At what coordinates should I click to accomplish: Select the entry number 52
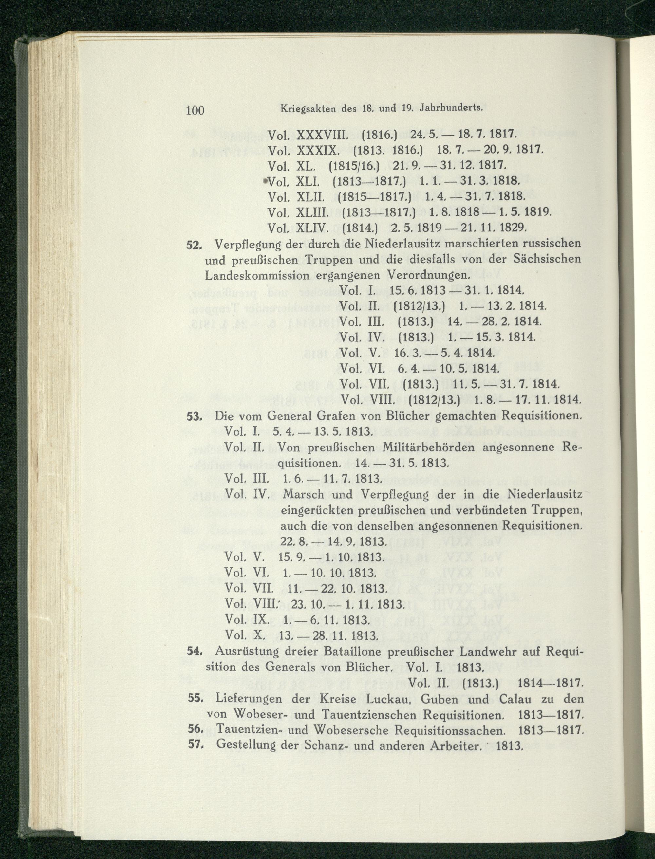click(194, 245)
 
